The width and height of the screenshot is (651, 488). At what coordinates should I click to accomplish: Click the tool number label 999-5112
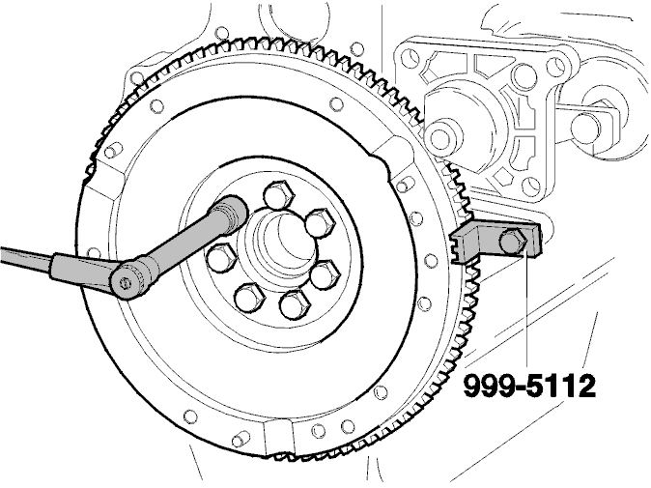pos(529,387)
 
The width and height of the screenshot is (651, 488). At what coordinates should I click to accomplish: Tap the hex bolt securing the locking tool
pos(513,243)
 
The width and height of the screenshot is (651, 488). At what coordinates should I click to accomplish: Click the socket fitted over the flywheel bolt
pos(231,212)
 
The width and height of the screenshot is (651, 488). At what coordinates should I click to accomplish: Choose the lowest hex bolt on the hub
pos(296,304)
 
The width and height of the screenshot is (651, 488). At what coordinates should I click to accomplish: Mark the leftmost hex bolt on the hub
pos(221,257)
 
